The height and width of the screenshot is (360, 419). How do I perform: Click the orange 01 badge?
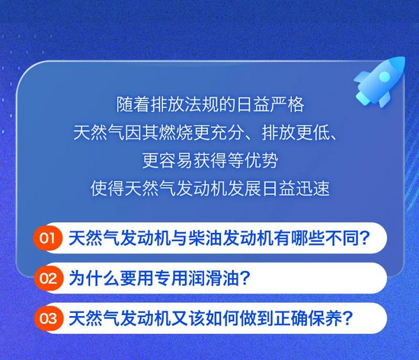coord(48,238)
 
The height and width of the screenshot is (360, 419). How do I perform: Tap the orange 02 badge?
coord(48,279)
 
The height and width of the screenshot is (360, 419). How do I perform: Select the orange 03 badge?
coord(48,318)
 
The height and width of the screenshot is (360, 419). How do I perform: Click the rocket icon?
coord(379,81)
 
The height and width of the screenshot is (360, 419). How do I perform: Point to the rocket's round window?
coord(384,77)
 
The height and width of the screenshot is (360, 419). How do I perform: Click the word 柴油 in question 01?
coord(206,238)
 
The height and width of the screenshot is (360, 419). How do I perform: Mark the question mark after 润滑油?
coord(245,278)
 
